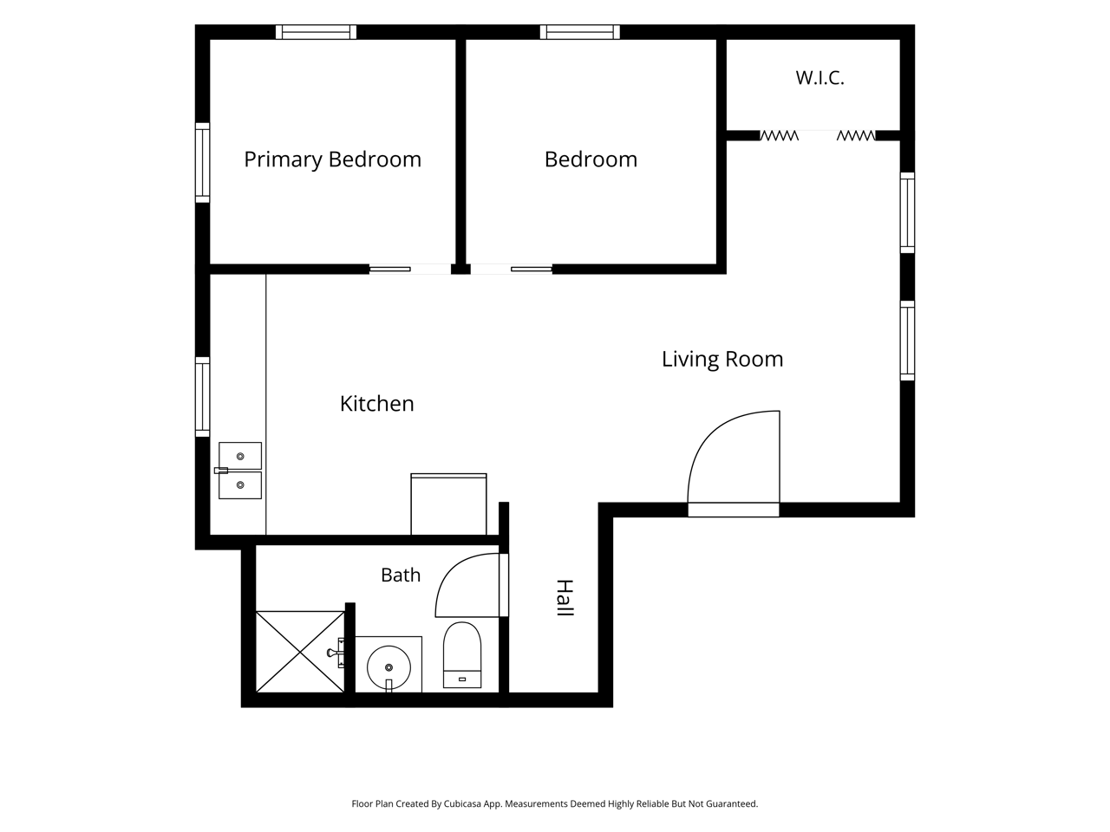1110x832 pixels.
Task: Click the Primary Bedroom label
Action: pos(332,159)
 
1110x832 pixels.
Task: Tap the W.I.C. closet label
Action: pos(819,78)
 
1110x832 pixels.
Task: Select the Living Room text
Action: pos(722,359)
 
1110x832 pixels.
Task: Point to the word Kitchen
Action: pos(376,404)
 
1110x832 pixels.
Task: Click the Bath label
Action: pos(401,575)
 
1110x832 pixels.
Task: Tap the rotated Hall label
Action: pos(565,598)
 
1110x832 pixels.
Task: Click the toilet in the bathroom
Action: pos(462,654)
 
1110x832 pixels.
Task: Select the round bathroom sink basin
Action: pos(388,667)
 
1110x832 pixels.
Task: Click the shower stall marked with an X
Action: pos(300,652)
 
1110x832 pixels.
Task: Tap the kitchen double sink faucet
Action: pos(221,471)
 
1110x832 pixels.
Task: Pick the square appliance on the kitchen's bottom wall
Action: pos(448,504)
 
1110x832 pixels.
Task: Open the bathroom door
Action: pos(471,585)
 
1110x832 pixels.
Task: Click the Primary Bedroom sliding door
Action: pos(409,270)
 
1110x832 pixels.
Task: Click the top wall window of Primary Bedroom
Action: pos(316,32)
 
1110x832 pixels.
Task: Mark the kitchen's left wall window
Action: pos(202,397)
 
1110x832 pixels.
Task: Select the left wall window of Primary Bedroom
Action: pos(202,163)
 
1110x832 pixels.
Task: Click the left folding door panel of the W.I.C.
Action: pos(780,135)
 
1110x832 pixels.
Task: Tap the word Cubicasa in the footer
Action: pos(462,804)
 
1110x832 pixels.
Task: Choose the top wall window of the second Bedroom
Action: pos(580,32)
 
